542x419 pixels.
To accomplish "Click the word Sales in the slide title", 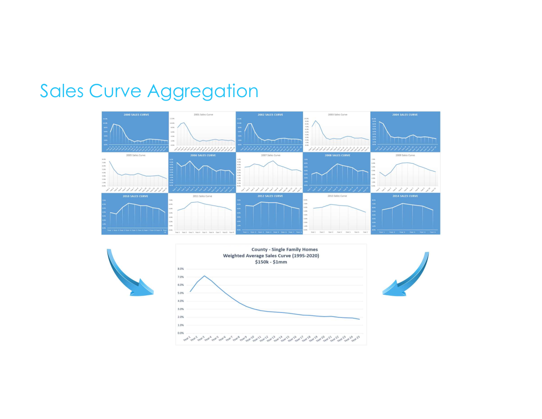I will coord(62,92).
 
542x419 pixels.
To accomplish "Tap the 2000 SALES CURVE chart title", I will coord(135,114).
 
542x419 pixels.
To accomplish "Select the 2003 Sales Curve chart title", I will coord(337,114).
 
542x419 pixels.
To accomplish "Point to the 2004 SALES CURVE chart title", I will coord(405,114).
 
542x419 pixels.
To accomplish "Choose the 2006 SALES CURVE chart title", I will coord(203,155).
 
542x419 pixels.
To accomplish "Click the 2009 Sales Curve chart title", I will coord(405,155).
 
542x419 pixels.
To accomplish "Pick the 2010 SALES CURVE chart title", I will coord(135,196).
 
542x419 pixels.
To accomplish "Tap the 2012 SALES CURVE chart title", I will coord(270,196).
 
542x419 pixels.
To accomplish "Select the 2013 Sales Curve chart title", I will coord(337,196).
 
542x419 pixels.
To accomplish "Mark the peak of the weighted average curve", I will coord(204,276).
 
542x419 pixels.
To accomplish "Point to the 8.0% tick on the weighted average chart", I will coord(180,269).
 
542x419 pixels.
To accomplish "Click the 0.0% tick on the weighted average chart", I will coord(180,333).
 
